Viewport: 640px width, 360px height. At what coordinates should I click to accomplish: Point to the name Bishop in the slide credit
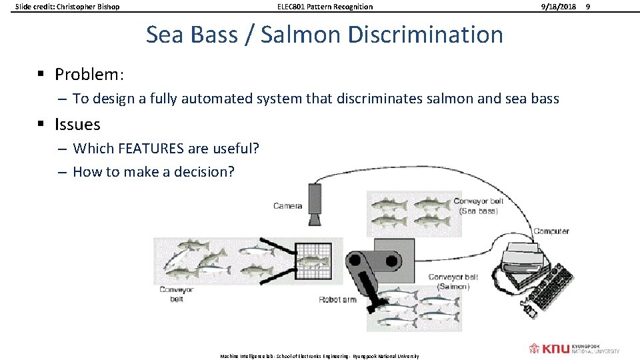pyautogui.click(x=107, y=7)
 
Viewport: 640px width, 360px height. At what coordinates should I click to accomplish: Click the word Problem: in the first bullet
pyautogui.click(x=87, y=74)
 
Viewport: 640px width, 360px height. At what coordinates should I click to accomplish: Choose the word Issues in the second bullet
pyautogui.click(x=77, y=124)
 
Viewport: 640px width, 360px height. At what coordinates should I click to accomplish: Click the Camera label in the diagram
pyautogui.click(x=288, y=206)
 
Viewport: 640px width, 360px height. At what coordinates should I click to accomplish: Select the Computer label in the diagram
pyautogui.click(x=551, y=231)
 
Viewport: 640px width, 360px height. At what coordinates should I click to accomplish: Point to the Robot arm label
pyautogui.click(x=338, y=299)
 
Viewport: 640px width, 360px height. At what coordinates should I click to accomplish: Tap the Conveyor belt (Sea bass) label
pyautogui.click(x=478, y=205)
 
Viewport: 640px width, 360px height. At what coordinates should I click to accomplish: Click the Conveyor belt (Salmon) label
pyautogui.click(x=453, y=281)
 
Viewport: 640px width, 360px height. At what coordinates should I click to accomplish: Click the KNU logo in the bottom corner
pyautogui.click(x=574, y=349)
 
